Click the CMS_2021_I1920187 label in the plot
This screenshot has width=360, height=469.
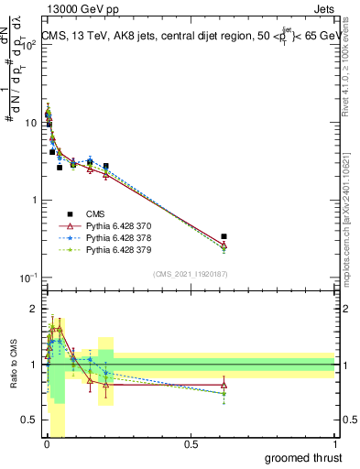point(190,274)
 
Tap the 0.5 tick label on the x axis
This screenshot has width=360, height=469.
point(191,444)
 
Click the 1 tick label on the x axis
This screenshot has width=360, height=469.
point(336,444)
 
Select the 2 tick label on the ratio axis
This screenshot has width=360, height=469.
point(34,310)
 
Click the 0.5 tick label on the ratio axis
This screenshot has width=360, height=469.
point(30,420)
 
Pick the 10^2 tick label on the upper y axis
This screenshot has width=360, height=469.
point(27,44)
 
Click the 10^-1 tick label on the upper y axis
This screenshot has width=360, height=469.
point(27,277)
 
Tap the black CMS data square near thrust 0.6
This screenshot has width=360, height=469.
point(224,236)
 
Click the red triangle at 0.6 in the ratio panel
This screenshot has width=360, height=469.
point(224,385)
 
